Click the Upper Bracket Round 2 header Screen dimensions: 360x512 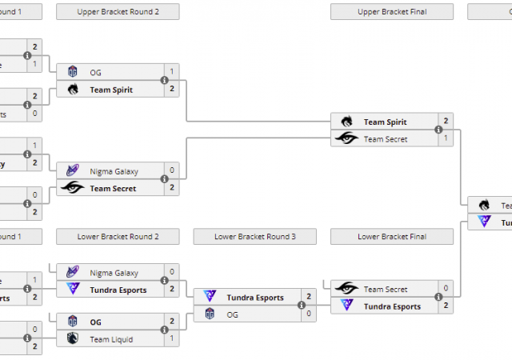(x=118, y=12)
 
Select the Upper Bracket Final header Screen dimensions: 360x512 (x=391, y=12)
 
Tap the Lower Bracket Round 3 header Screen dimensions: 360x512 (x=254, y=237)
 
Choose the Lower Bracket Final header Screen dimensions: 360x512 (x=391, y=237)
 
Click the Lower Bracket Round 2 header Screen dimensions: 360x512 (x=118, y=237)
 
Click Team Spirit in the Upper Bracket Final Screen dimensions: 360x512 (x=385, y=122)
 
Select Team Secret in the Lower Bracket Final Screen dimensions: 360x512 (x=385, y=290)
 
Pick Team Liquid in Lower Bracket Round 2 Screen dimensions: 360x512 (x=111, y=339)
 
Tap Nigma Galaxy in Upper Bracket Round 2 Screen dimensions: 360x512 (x=114, y=171)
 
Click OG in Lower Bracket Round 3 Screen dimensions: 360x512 (x=233, y=314)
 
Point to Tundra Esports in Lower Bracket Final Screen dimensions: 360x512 (x=392, y=306)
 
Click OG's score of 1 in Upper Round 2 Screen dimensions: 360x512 (x=172, y=72)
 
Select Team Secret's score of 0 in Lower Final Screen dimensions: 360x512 (x=446, y=289)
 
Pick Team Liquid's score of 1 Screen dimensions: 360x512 (x=172, y=339)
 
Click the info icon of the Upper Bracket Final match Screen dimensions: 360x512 (x=438, y=130)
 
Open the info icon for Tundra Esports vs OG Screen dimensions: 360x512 (x=302, y=306)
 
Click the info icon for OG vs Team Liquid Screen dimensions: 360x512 (x=164, y=330)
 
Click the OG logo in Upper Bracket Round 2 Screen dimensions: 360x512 (x=73, y=72)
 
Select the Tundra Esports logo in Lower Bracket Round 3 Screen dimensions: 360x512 (x=210, y=298)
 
